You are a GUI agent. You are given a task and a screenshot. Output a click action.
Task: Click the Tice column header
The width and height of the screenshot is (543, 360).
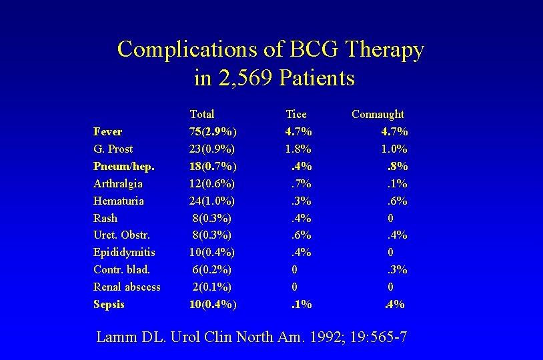point(296,115)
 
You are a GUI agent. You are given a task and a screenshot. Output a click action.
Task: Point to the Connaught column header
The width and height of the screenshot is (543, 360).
point(378,115)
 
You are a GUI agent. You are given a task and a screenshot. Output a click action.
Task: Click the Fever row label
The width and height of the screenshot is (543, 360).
point(108,131)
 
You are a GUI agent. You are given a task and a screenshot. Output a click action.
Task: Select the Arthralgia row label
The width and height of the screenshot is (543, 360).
point(118,183)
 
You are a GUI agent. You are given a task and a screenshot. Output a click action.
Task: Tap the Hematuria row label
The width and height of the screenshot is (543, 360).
point(119,201)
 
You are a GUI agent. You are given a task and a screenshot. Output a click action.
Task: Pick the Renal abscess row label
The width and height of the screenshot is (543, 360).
point(127,287)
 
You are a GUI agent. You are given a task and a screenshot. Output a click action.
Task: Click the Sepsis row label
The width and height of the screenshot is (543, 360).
point(109,305)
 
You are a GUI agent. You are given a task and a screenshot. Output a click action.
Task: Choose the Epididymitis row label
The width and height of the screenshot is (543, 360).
point(125,253)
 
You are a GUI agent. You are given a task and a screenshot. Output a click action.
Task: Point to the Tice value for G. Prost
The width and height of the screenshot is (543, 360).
point(298,149)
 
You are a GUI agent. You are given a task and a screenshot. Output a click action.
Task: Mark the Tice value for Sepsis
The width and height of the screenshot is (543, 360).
point(301,305)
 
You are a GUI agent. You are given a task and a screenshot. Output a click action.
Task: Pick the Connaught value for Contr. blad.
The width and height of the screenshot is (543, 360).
point(398,270)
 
